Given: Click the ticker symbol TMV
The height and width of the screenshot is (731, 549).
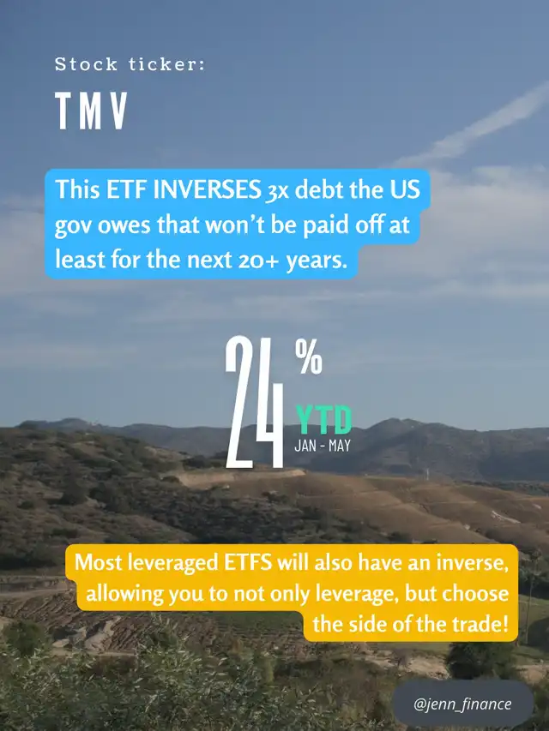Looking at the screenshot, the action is tap(92, 111).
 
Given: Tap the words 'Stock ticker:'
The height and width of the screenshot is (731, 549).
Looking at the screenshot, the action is tap(130, 64).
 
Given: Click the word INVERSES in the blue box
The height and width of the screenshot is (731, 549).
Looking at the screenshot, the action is tap(208, 189).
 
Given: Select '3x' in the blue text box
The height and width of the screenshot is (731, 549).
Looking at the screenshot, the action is tap(278, 190).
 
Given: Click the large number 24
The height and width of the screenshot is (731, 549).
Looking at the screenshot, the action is tap(255, 401).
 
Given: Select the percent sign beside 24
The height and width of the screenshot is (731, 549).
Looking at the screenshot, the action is tap(309, 357).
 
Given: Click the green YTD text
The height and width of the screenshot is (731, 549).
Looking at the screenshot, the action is tap(323, 420).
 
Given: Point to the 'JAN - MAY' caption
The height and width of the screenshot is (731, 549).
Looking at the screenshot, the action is tap(323, 446).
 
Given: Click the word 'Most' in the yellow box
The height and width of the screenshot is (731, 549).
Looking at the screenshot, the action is tap(98, 562).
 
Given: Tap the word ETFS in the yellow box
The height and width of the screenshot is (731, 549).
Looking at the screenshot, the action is tap(248, 562).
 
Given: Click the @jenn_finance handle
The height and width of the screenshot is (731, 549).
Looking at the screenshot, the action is tap(462, 704).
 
